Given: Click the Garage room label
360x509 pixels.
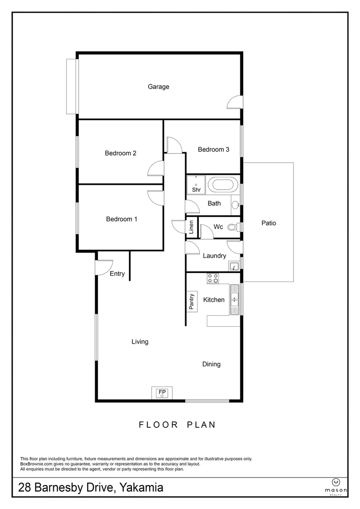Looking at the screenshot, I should click(158, 87).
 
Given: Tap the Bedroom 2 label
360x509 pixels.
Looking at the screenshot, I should click(121, 153).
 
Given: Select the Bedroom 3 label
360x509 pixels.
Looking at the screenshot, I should click(213, 149).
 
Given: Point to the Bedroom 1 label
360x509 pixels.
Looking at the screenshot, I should click(122, 219).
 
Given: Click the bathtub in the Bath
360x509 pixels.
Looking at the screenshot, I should click(221, 184).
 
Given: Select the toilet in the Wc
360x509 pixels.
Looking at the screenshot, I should click(232, 227).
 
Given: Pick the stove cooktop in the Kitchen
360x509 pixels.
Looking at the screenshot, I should click(213, 279).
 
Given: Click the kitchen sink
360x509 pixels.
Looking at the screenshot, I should click(235, 298).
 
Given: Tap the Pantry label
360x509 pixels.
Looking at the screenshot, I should click(191, 302).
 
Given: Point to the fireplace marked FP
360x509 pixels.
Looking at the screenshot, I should click(162, 393).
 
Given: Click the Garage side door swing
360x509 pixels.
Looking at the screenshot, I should click(234, 102).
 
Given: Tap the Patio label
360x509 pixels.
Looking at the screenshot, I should click(269, 223).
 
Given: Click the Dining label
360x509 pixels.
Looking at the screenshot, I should click(212, 364).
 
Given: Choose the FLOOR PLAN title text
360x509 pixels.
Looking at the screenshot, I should click(177, 425).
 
